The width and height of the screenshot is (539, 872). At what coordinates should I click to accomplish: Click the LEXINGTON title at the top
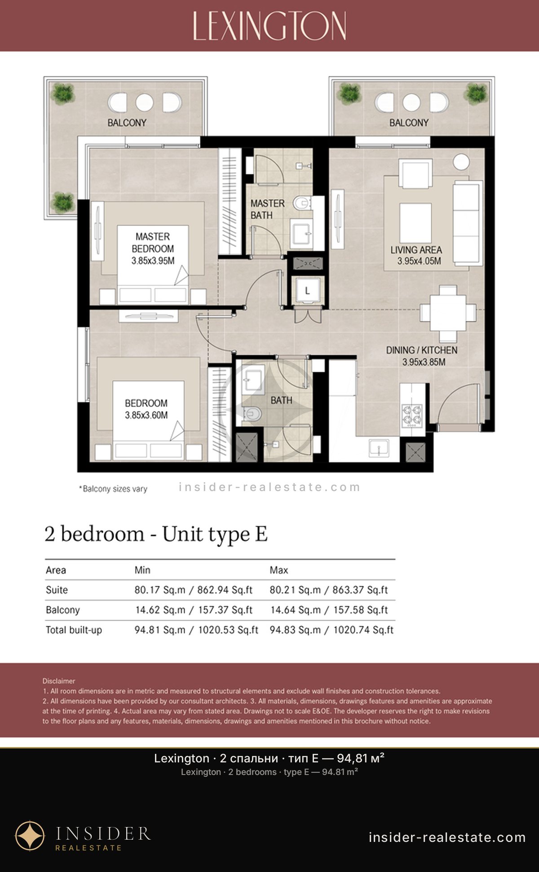point(269,26)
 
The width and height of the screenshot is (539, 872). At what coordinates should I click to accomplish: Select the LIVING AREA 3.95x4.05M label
point(416,255)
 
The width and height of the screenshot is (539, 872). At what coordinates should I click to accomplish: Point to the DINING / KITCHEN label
point(422,350)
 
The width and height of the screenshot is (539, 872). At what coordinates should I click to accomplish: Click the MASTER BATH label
point(267,209)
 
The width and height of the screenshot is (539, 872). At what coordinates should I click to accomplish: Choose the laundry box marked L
point(307,291)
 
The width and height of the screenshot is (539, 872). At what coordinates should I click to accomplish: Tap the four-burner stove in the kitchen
point(412,415)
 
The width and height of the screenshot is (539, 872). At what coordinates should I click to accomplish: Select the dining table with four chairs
point(448,313)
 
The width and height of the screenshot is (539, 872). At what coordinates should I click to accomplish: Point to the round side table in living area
point(461,162)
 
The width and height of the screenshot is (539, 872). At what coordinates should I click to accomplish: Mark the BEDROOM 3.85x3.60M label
point(146,409)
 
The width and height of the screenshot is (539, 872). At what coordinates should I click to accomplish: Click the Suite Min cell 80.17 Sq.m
point(193,590)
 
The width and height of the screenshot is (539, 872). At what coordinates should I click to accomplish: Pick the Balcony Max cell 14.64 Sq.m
point(329,610)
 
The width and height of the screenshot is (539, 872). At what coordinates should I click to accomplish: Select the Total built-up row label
point(74,630)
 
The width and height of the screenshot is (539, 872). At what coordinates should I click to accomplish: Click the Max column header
point(278,570)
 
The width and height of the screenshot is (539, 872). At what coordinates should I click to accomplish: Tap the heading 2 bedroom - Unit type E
point(156,534)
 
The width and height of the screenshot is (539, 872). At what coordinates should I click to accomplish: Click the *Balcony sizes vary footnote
point(113,489)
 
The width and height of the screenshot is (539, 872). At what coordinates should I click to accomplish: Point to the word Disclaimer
point(59,681)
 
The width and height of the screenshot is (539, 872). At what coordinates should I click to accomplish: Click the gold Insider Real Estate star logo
point(30,836)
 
